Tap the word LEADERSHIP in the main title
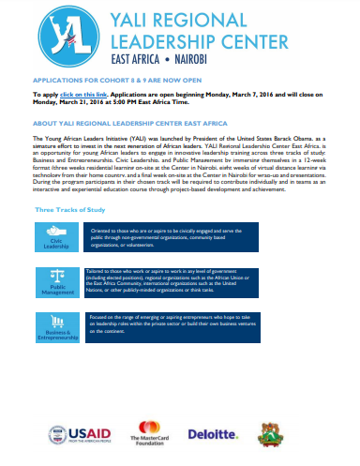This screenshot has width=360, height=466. click(x=160, y=40)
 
